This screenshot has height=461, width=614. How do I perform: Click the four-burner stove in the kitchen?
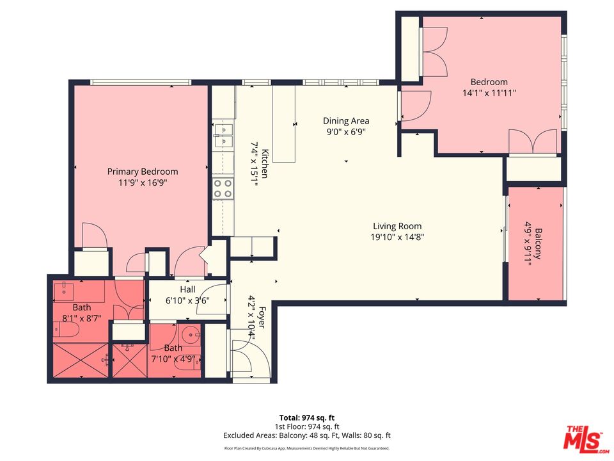click(223, 188)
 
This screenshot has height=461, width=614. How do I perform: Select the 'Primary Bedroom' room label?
click(142, 172)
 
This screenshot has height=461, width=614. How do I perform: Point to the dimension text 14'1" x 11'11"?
click(489, 93)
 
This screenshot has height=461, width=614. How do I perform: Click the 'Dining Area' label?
click(345, 121)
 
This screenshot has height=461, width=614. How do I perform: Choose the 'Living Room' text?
click(397, 226)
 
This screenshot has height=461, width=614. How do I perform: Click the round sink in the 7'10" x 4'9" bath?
click(191, 334)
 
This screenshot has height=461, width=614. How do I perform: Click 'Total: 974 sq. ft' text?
click(306, 417)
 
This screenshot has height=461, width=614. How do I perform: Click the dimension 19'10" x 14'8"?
click(397, 237)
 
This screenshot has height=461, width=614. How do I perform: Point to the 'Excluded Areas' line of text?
click(306, 435)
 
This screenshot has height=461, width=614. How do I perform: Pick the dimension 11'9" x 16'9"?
click(142, 182)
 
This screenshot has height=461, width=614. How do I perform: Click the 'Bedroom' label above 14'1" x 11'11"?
click(489, 82)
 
